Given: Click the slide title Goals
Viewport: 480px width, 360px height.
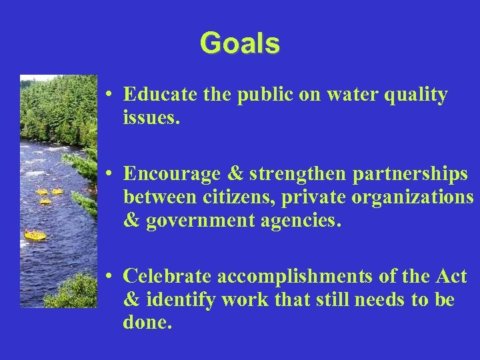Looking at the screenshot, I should [x=239, y=43].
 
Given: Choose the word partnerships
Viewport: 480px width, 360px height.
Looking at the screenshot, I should [x=407, y=175].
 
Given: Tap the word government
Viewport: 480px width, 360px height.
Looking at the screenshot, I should [x=191, y=220].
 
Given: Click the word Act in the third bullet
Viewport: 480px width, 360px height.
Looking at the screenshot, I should [x=452, y=277].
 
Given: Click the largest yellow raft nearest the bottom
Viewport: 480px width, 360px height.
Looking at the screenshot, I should [x=35, y=235].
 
